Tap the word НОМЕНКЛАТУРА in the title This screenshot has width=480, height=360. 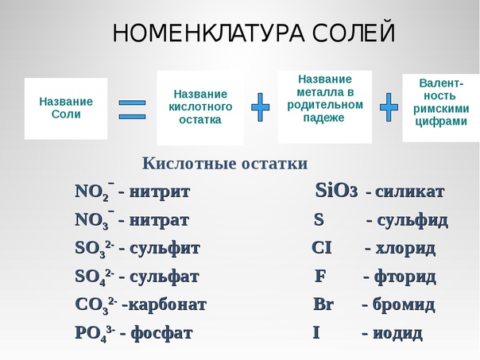point(209,33)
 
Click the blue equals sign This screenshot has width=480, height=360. point(132,110)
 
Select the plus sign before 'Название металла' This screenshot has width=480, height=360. point(261,107)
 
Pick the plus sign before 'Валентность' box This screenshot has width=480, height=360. point(389,107)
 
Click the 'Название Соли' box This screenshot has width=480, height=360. point(66,108)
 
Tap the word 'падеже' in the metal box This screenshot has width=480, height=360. point(324,118)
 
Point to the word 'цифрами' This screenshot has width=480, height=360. point(441,122)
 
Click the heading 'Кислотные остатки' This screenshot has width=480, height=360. point(225,163)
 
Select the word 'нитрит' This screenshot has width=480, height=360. point(160,192)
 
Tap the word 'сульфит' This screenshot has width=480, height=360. point(165,249)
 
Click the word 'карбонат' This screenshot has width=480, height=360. point(168,305)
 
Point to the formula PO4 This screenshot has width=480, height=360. point(95,333)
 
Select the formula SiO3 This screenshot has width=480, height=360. point(336,191)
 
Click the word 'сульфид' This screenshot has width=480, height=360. point(412,221)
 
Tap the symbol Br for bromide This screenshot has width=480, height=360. point(323,304)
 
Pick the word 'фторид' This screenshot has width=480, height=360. point(405,277)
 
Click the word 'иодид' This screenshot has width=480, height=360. point(397,333)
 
